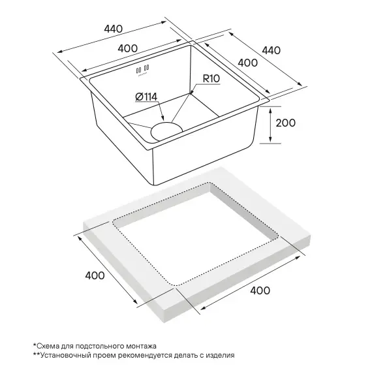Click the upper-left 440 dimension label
click(114, 29)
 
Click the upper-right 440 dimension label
click(271, 50)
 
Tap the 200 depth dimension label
click(286, 123)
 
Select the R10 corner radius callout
click(211, 78)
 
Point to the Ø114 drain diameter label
click(146, 97)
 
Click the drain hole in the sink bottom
click(166, 131)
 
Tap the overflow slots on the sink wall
click(142, 69)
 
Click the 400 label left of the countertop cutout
click(95, 275)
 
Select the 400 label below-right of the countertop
click(260, 290)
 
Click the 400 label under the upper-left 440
click(128, 48)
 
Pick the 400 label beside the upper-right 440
click(248, 63)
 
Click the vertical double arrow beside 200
click(270, 125)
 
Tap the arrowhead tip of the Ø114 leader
click(163, 120)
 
